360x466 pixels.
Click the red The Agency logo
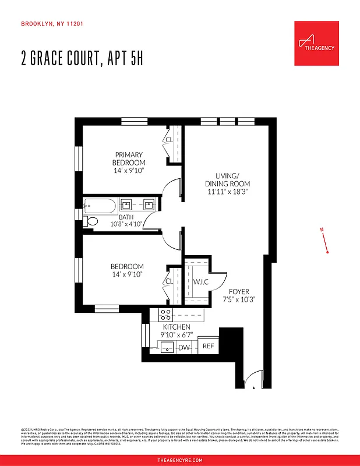tap(316, 43)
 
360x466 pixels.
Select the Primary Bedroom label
tap(129, 158)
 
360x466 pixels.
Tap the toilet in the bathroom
tap(91, 221)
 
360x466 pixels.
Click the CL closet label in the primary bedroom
tap(169, 140)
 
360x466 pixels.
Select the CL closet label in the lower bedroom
tap(169, 281)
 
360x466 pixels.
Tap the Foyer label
tap(239, 291)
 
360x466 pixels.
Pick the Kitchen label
tap(176, 327)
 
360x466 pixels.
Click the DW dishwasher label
tap(183, 348)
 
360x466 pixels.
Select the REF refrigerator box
tap(208, 346)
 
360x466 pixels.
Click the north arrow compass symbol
tap(325, 241)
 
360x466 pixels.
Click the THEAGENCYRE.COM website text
tap(180, 460)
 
